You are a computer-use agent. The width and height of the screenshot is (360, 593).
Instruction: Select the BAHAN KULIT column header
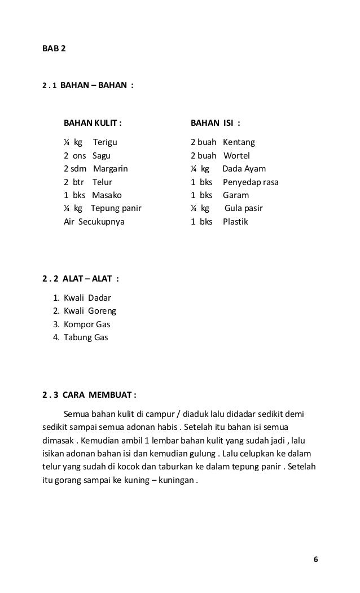click(x=92, y=123)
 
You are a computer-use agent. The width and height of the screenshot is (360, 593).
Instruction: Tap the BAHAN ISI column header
click(x=215, y=123)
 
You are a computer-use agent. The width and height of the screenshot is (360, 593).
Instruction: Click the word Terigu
click(x=106, y=142)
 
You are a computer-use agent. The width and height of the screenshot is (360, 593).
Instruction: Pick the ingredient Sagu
click(x=102, y=156)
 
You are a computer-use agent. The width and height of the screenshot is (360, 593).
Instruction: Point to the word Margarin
click(x=111, y=169)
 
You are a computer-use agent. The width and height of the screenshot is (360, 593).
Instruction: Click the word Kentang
click(x=239, y=142)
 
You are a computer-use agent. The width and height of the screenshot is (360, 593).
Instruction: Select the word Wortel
click(x=236, y=156)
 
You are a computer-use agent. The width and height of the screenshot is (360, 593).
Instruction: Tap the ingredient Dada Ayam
click(x=244, y=169)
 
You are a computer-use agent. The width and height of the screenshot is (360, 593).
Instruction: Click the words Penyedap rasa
click(x=251, y=182)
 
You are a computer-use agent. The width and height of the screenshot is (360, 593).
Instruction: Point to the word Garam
click(x=236, y=195)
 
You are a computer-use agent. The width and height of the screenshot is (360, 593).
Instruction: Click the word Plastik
click(x=235, y=222)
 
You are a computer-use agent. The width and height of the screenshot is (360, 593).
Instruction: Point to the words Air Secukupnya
click(x=94, y=222)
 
